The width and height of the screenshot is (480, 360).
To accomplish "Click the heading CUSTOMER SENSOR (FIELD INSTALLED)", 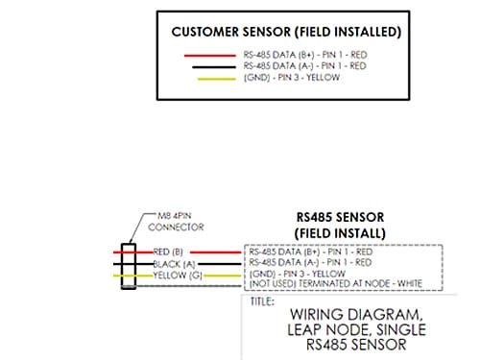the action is click(286, 31).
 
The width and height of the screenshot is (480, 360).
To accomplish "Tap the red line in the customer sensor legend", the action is click(212, 56).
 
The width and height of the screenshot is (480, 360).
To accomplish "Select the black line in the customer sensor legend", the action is click(212, 66).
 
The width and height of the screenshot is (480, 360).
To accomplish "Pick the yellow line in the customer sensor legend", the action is click(212, 77).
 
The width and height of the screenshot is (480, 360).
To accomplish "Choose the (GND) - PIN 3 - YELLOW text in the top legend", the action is click(292, 77).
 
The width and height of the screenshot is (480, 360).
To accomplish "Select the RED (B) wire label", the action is click(167, 252).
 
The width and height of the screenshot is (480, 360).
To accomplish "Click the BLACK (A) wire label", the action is click(173, 263).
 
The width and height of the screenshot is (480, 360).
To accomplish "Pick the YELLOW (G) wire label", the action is click(175, 275).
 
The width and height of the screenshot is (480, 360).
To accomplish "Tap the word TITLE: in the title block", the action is click(263, 300).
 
